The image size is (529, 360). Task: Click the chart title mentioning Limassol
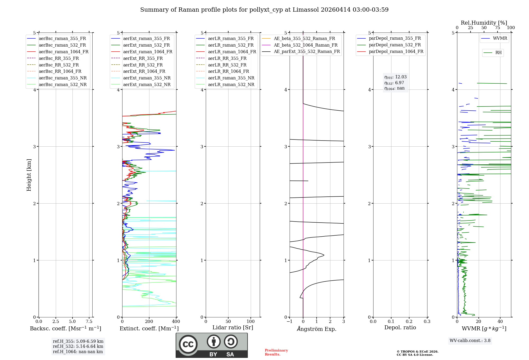point(264,10)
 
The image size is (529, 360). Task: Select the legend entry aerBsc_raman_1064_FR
point(63,52)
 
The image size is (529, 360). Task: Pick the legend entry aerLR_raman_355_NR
point(231,78)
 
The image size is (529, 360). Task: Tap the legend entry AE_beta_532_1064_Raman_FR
point(305,45)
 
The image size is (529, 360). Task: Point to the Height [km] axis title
point(29,175)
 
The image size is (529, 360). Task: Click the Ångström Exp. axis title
point(317,329)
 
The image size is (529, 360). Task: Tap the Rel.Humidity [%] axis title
point(484,23)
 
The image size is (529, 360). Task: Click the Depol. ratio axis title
point(400,327)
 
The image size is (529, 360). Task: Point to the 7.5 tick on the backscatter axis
point(89,321)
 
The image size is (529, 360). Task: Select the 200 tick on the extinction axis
point(149,321)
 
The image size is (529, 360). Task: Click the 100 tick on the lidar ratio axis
point(251,321)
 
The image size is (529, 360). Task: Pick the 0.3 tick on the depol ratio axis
point(427,321)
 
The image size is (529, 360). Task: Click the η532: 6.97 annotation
point(394,83)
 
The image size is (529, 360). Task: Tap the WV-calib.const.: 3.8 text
point(470,340)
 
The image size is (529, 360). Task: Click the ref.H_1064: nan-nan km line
point(78,352)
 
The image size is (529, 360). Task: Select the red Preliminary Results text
point(276,352)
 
